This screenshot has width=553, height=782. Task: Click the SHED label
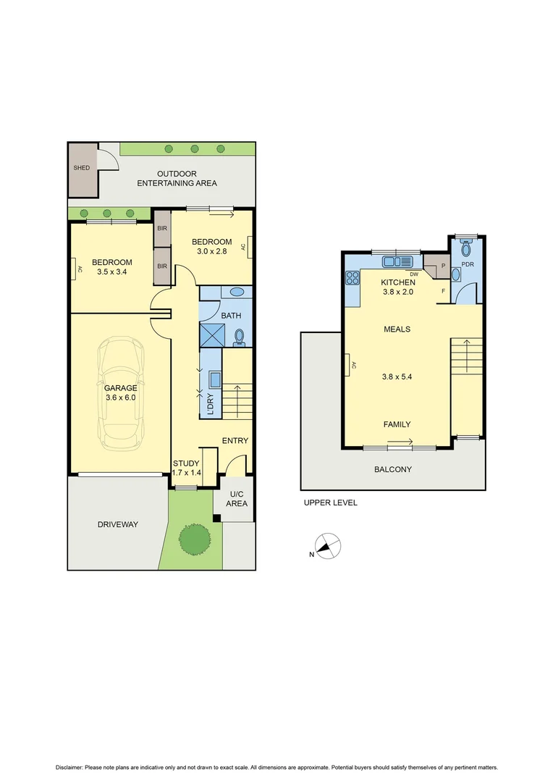(82, 168)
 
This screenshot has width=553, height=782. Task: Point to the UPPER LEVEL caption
(330, 503)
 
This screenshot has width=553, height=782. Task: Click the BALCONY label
(393, 469)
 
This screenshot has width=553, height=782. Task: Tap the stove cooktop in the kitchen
(353, 277)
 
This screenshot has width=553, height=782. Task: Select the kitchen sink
(394, 261)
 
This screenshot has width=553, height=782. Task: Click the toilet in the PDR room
(466, 250)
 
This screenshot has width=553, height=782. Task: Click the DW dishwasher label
(414, 274)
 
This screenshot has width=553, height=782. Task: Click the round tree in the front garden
(194, 538)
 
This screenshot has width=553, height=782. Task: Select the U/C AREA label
(237, 499)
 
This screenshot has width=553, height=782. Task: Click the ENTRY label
(235, 441)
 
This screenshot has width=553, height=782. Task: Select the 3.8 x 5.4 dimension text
(397, 377)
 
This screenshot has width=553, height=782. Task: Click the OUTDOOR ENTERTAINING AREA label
(177, 178)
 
